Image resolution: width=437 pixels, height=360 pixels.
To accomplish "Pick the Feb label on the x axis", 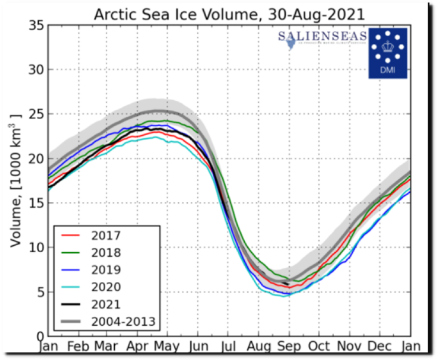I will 78,346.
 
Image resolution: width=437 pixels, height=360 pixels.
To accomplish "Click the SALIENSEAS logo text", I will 322,36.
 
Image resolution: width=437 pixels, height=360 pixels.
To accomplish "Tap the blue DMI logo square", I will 388,53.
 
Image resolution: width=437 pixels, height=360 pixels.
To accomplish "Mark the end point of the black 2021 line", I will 288,284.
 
